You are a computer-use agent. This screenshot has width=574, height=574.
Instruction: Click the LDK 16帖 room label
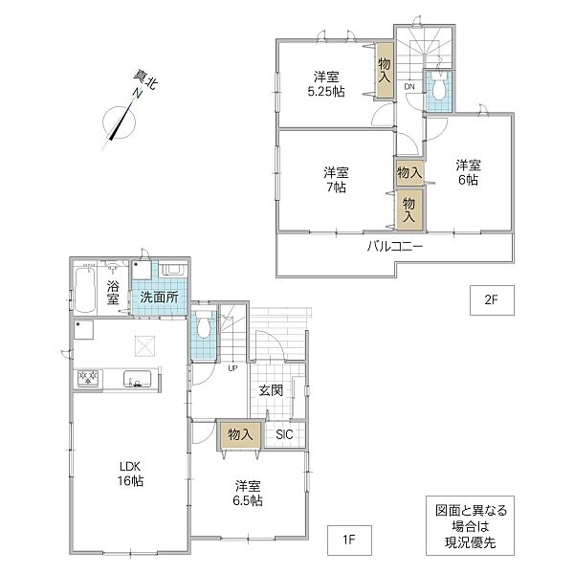(130, 474)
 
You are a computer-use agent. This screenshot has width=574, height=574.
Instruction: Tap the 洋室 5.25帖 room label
(326, 84)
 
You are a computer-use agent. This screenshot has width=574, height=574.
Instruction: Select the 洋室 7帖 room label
(336, 180)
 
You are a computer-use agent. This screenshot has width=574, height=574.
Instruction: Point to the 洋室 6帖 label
(468, 173)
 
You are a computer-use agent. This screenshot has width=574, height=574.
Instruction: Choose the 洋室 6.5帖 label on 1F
(248, 493)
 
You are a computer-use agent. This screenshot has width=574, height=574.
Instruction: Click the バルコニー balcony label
(395, 247)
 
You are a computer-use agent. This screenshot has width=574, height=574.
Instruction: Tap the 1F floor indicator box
(349, 540)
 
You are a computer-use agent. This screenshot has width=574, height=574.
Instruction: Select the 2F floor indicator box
(492, 300)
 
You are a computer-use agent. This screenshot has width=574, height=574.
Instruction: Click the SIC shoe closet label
(284, 434)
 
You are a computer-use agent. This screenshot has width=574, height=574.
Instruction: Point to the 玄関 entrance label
(271, 390)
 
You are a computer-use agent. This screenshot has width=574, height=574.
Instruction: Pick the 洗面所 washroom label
(159, 298)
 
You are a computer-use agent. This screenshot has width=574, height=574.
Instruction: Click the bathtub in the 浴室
(85, 289)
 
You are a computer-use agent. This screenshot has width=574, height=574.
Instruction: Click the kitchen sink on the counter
(137, 379)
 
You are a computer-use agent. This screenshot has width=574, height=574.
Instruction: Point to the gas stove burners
(88, 378)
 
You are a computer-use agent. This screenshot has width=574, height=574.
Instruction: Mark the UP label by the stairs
(232, 368)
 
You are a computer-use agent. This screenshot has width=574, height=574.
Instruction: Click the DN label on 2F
(409, 87)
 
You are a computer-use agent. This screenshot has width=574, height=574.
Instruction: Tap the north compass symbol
(120, 122)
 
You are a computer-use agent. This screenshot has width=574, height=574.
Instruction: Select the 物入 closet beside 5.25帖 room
(385, 70)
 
